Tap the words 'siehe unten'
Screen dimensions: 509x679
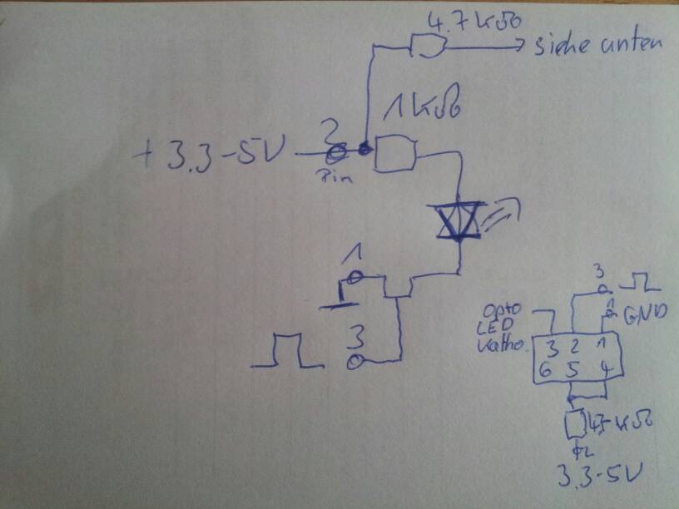pyautogui.click(x=597, y=45)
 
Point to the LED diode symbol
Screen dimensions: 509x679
pyautogui.click(x=459, y=220)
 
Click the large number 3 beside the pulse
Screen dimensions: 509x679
pyautogui.click(x=355, y=337)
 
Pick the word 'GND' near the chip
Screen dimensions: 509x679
pyautogui.click(x=639, y=316)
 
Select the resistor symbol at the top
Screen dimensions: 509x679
pyautogui.click(x=428, y=49)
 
